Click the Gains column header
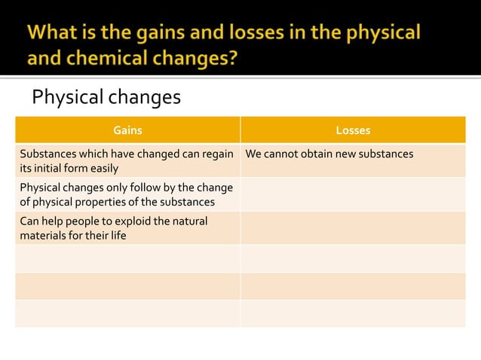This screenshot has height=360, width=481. [x=127, y=130]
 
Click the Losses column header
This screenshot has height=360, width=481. [x=353, y=130]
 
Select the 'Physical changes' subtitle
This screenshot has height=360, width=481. [x=106, y=98]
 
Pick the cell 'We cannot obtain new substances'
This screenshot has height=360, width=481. [x=329, y=154]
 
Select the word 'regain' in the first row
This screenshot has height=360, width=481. [x=216, y=154]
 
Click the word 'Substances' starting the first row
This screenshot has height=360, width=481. [x=47, y=154]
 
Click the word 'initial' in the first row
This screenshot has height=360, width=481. [x=50, y=168]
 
